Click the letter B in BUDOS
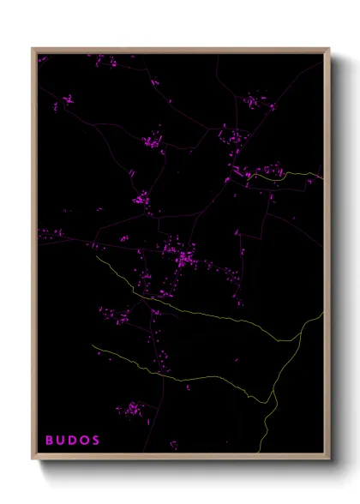50,440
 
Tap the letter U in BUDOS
62,440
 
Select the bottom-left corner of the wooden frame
33,459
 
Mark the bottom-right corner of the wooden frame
329,459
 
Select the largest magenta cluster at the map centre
183,256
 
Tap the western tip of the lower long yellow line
93,346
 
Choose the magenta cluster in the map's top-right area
252,102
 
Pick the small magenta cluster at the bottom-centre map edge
173,444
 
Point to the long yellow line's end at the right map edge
323,313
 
